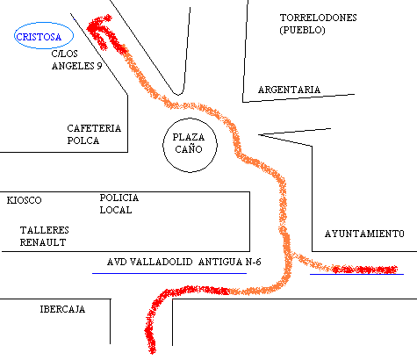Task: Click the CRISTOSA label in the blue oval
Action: pos(39,37)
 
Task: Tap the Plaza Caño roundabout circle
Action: pos(162,145)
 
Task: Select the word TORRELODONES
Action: pos(319,18)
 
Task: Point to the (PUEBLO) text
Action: pos(303,30)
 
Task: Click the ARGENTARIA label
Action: pos(289,90)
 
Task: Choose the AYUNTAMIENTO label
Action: pos(364,234)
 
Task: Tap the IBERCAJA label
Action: pos(62,309)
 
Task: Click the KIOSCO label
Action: pos(24,200)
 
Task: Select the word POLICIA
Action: pos(119,198)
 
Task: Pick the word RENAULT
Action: pos(43,242)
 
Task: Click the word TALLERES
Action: pos(45,230)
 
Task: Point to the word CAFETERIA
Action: pos(94,128)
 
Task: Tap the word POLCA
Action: pos(83,140)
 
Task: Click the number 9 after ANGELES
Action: pos(99,66)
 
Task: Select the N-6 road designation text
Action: pos(252,262)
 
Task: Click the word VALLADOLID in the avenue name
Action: pos(161,262)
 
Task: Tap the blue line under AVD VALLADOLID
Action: pos(169,273)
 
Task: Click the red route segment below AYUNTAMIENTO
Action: pos(364,270)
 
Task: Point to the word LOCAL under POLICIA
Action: pos(116,210)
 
